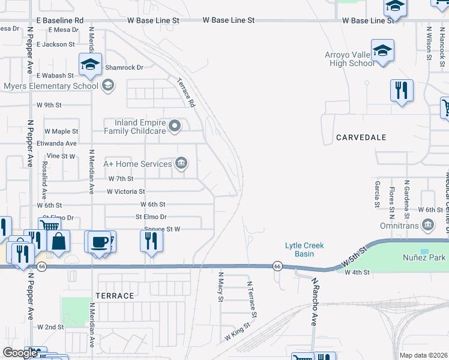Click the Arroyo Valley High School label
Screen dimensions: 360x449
(x=349, y=59)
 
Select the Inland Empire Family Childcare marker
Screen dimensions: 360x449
(x=175, y=125)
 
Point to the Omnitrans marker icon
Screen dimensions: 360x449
(x=428, y=225)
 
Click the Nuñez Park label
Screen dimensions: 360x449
(x=424, y=257)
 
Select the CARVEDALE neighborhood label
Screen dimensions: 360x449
(x=361, y=137)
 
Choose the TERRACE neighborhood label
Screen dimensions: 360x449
(x=114, y=296)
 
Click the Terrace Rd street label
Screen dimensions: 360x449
(x=187, y=93)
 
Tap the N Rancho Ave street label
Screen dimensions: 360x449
(x=313, y=304)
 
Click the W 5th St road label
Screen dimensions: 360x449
(x=354, y=258)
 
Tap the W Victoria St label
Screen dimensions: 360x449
(x=125, y=191)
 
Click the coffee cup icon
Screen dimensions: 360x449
(x=99, y=241)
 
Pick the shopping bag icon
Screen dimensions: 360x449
(x=59, y=241)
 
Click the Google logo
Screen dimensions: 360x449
(x=20, y=353)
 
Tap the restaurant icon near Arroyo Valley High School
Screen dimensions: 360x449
(x=402, y=91)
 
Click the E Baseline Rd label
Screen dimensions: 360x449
(x=59, y=20)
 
